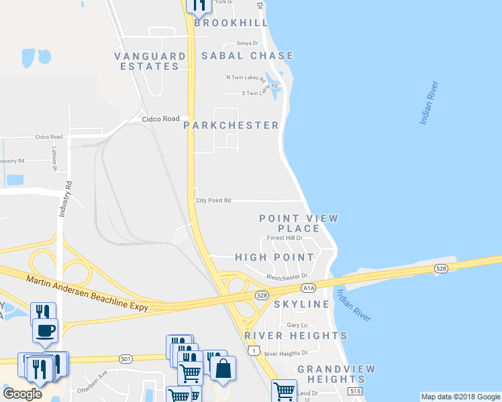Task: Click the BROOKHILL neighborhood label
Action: [231, 23]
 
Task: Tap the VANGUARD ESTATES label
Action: [150, 61]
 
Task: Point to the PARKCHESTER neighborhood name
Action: [231, 125]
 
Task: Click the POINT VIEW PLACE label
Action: [299, 224]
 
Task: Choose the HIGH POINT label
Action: [274, 257]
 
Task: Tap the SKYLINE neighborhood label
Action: [301, 304]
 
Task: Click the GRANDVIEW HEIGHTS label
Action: [336, 375]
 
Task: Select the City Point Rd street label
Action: [213, 200]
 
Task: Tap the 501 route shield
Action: [125, 359]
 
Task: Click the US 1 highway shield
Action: [253, 350]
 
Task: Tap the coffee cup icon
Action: [45, 330]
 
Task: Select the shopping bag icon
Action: [223, 367]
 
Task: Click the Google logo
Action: [22, 393]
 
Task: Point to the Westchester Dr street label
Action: [286, 276]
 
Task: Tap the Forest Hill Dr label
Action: [285, 238]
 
